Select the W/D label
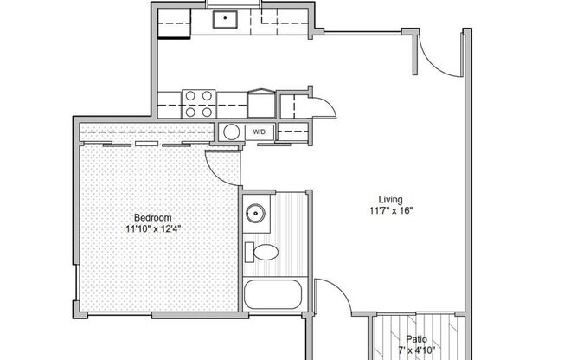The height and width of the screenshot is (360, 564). [x=260, y=132]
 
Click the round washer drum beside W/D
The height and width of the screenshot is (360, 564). [x=231, y=132]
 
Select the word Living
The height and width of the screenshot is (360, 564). [x=388, y=197]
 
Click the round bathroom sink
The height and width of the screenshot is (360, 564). [x=255, y=212]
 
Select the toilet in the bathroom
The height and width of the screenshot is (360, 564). [x=263, y=253]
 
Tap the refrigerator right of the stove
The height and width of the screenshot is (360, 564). [x=260, y=103]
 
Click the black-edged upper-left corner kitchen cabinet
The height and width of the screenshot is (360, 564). [x=174, y=24]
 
